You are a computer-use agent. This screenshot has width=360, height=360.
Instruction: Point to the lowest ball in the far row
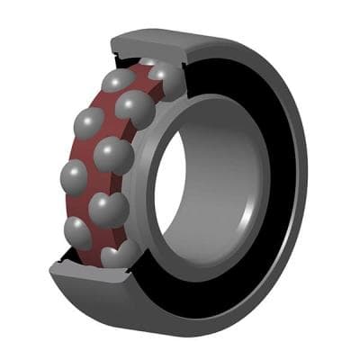[79, 233]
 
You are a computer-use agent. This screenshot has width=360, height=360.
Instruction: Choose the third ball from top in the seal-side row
[114, 156]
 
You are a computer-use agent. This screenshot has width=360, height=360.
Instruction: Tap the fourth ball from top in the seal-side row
[109, 210]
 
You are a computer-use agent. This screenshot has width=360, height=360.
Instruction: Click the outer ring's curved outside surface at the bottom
[180, 310]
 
